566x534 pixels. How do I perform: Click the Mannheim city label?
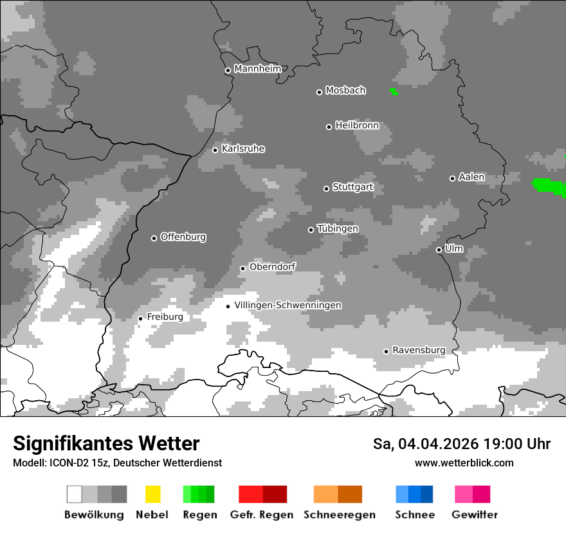[x=257, y=69]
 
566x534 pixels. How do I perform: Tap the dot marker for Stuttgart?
[x=326, y=189]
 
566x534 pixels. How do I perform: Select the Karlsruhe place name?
[x=242, y=149]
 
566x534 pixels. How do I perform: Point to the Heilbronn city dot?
[x=329, y=127]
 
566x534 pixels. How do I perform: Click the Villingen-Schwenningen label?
[x=288, y=305]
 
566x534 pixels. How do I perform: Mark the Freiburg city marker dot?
[x=140, y=318]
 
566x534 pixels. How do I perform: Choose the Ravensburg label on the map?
[x=418, y=350]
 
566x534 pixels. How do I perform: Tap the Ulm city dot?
[x=439, y=250]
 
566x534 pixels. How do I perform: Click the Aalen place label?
[x=471, y=177]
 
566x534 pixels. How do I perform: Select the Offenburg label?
[x=183, y=237]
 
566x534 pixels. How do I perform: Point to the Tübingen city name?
[x=338, y=228]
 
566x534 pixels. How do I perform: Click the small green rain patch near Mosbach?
[x=394, y=92]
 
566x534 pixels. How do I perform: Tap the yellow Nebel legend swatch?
[x=152, y=494]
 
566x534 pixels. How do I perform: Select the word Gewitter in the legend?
[x=474, y=515]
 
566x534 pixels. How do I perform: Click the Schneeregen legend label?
[x=339, y=515]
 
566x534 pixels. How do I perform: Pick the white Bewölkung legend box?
[x=74, y=494]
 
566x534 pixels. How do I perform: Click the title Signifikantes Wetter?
[x=106, y=443]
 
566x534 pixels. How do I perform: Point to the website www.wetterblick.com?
[x=464, y=463]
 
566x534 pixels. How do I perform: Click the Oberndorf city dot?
[x=242, y=268]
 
